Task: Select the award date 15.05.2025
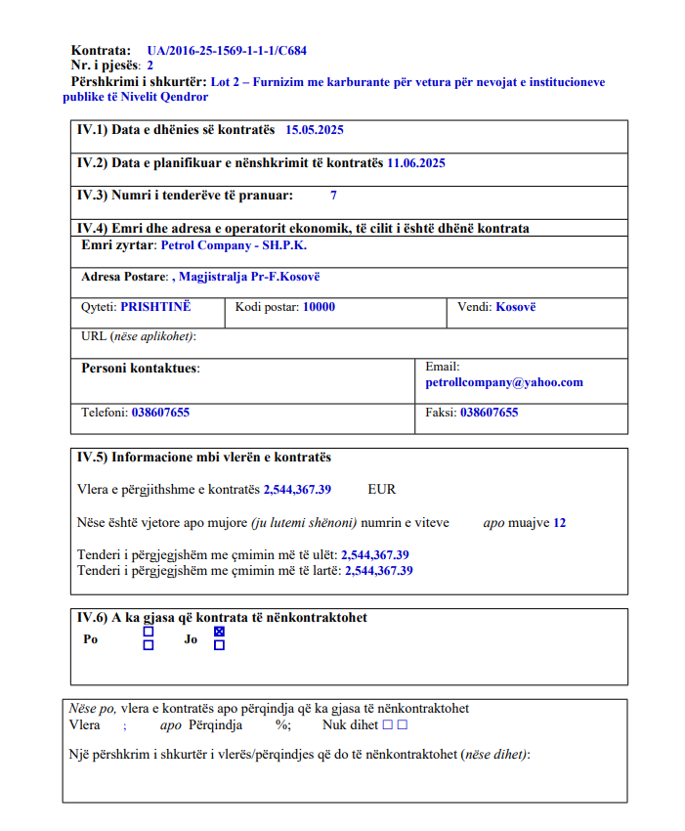(x=314, y=130)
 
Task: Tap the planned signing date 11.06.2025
(x=415, y=163)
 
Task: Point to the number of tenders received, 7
(x=333, y=196)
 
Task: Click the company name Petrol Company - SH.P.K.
(x=233, y=245)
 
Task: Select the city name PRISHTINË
(x=155, y=307)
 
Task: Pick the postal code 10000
(x=319, y=307)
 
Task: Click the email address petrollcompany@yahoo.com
(x=503, y=382)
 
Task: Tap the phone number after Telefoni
(x=160, y=413)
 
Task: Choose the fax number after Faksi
(x=489, y=413)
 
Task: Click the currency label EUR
(x=381, y=490)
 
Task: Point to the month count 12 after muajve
(x=559, y=523)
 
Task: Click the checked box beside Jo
(x=219, y=632)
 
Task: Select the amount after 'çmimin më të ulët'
(x=374, y=555)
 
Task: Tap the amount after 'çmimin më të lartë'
(x=378, y=571)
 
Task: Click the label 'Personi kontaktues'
(x=140, y=369)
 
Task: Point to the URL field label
(x=138, y=337)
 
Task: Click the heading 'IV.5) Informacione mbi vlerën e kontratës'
(x=204, y=458)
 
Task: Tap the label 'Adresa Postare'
(x=124, y=278)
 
